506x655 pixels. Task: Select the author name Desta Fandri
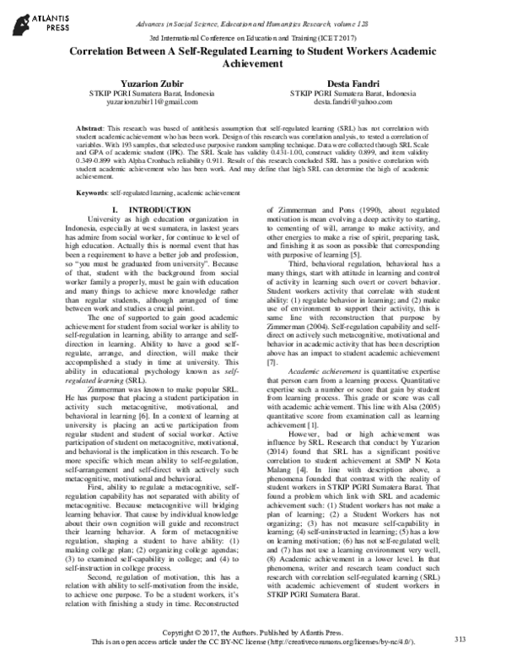[353, 83]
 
